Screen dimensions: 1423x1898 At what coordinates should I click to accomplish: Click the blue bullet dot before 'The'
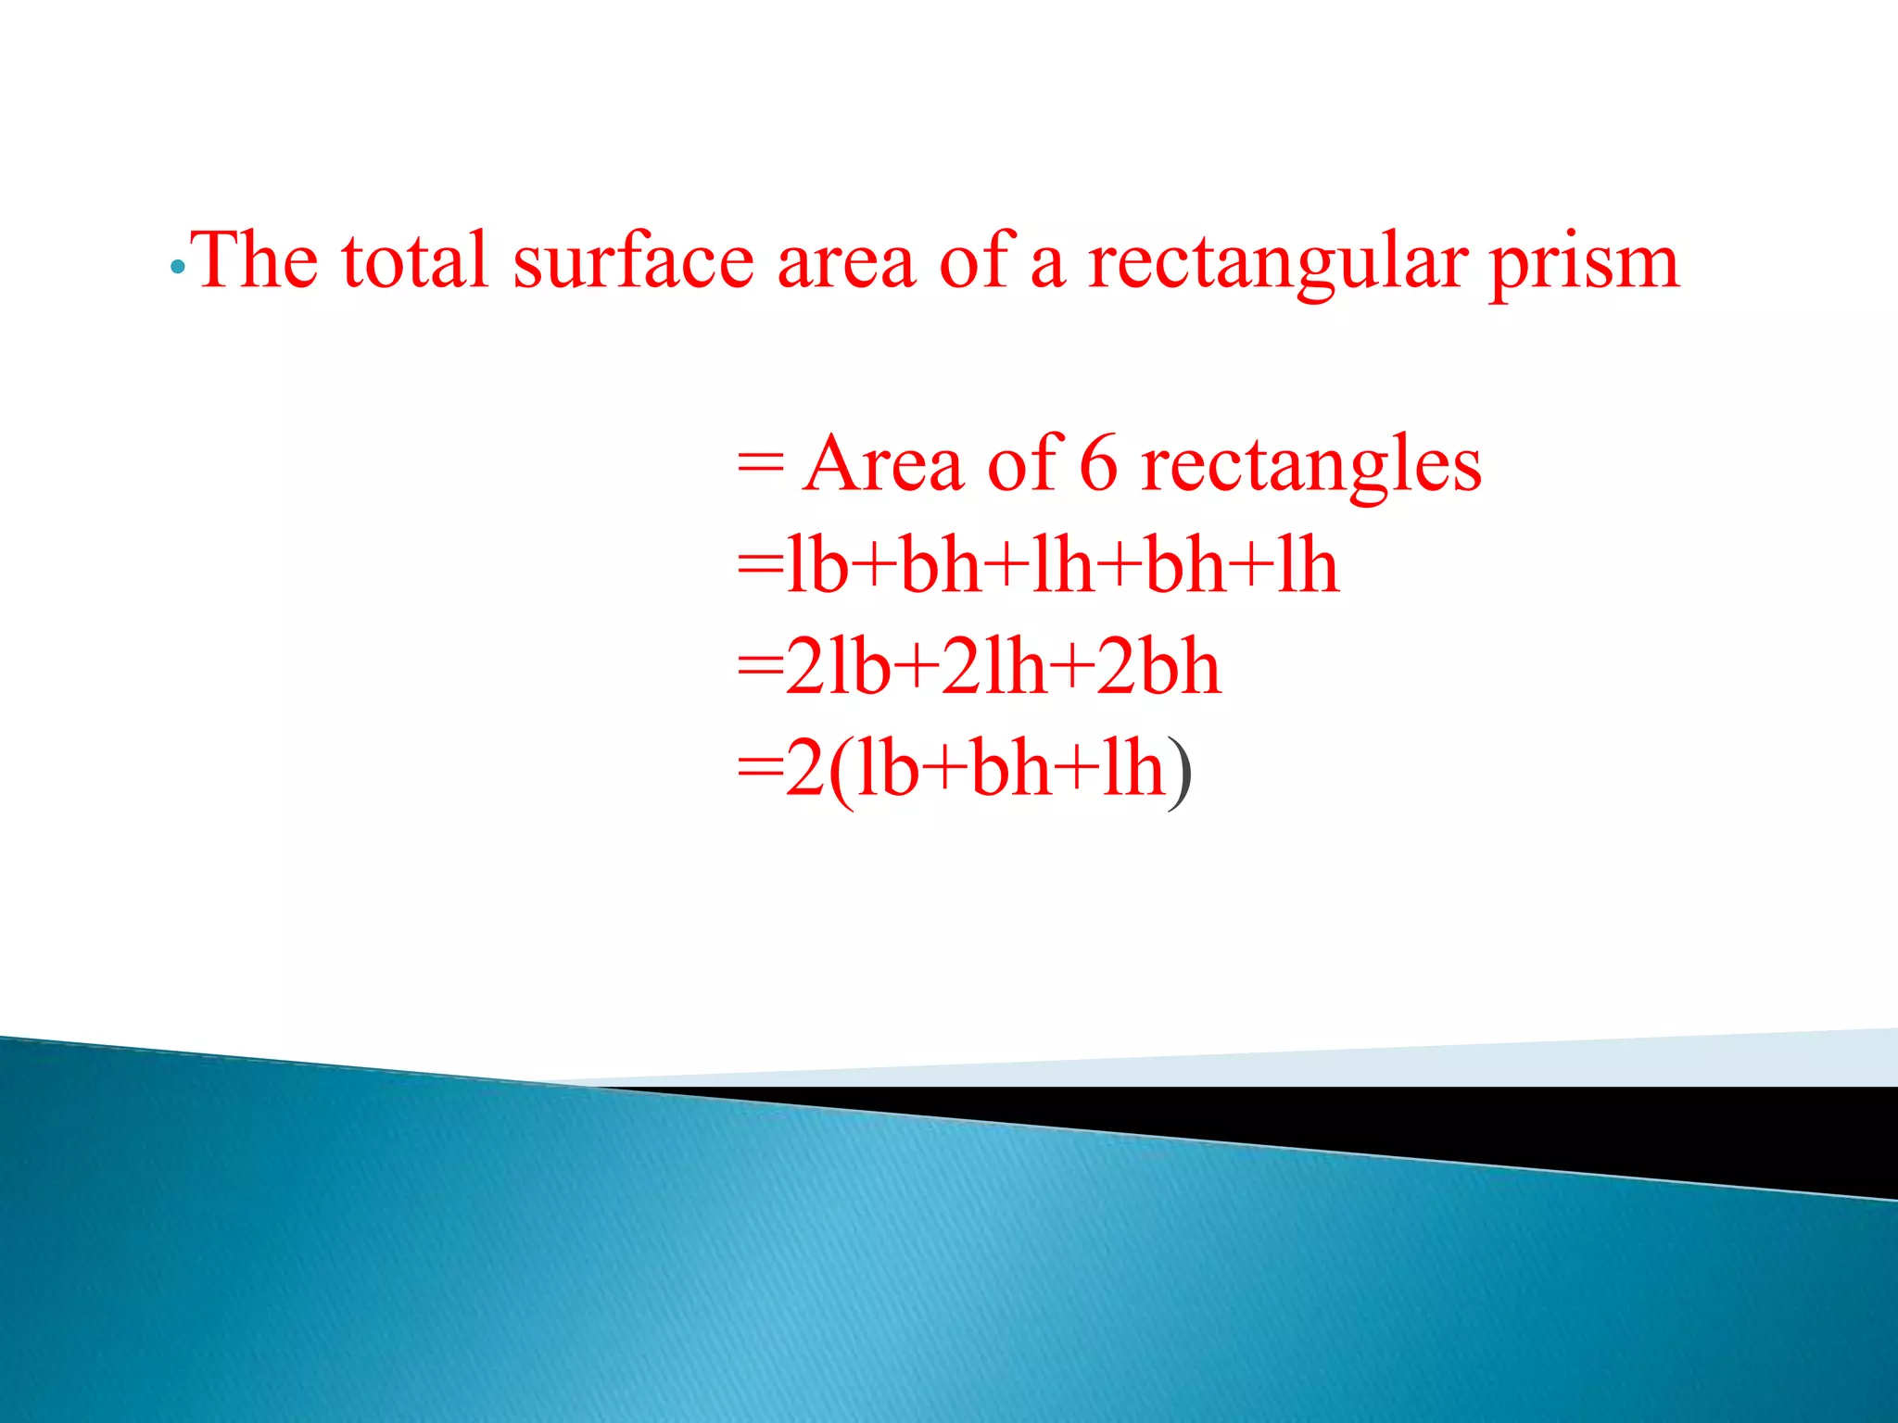(x=178, y=268)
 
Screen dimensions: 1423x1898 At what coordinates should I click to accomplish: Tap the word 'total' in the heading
(x=414, y=260)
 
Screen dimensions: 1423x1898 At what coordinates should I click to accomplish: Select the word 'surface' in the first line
(x=634, y=260)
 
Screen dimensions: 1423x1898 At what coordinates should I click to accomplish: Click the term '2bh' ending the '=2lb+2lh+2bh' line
(x=1158, y=667)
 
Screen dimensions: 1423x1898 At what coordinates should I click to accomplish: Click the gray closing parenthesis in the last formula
(x=1179, y=773)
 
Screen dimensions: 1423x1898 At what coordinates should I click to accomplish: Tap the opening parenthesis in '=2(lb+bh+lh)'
(x=841, y=773)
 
